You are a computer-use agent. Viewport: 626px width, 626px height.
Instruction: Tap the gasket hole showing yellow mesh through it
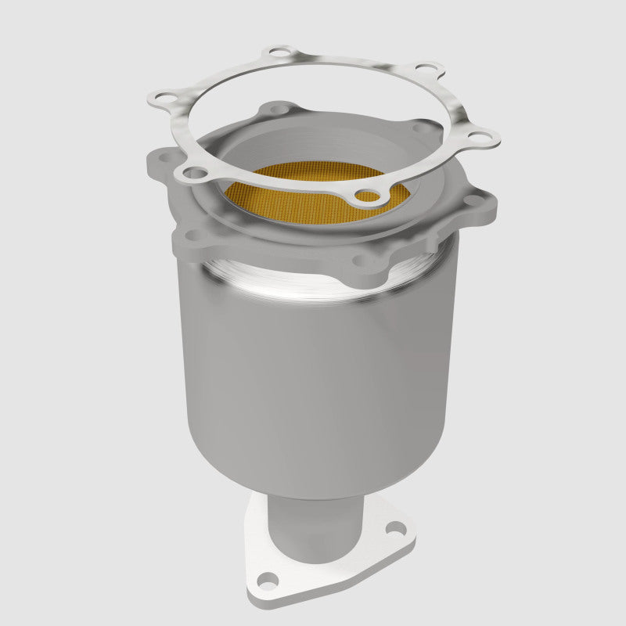(x=365, y=196)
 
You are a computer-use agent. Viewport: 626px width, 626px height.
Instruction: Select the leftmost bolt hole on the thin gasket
(x=163, y=99)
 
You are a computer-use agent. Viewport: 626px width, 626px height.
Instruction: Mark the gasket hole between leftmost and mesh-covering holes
(x=195, y=172)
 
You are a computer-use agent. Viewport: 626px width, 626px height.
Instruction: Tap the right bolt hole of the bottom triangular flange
(x=393, y=529)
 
